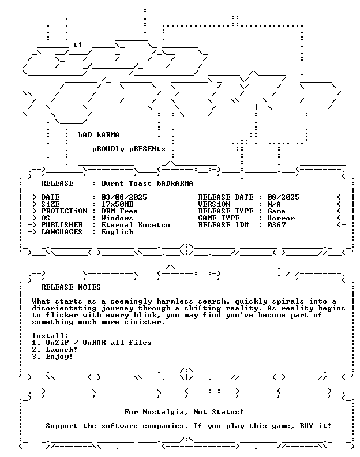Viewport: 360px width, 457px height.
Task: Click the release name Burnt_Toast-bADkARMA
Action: click(x=147, y=183)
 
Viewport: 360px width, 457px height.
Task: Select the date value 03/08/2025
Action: click(x=124, y=197)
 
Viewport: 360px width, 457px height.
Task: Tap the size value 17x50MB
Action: click(x=117, y=204)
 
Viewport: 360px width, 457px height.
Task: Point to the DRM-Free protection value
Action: click(x=119, y=211)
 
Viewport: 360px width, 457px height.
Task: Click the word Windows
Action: click(x=117, y=218)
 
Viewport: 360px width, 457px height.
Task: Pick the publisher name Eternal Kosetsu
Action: click(x=136, y=225)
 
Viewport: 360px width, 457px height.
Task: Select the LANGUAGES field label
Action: click(x=62, y=232)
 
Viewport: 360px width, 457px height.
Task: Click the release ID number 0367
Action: click(x=276, y=225)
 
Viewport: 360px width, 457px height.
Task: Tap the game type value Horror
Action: click(x=281, y=218)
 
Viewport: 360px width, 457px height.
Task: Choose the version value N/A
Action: click(x=274, y=204)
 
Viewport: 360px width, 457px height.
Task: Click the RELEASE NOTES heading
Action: click(x=71, y=287)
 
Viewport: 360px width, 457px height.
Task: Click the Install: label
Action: click(x=50, y=336)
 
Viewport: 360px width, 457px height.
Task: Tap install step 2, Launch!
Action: click(x=55, y=350)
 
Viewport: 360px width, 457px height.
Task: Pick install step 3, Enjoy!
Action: click(x=52, y=357)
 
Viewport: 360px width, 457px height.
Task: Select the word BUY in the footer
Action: click(x=306, y=426)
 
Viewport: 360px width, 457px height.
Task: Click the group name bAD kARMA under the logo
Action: click(x=99, y=135)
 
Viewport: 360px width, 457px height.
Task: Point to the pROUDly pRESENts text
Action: click(x=129, y=149)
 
